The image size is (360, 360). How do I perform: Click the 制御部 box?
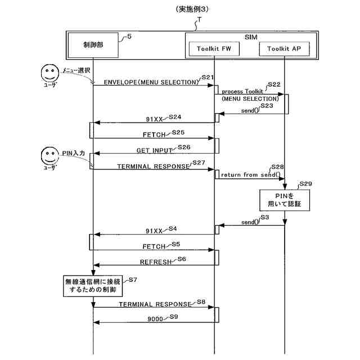[x=93, y=46]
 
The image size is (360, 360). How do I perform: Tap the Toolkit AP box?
[x=285, y=49]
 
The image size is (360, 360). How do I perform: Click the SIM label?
[x=251, y=36]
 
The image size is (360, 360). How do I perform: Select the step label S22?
[x=274, y=84]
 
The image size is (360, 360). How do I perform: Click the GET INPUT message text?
[x=155, y=151]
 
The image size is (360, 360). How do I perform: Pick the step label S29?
[x=306, y=183]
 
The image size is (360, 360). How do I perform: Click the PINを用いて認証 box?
[x=285, y=200]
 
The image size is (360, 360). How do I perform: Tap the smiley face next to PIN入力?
[x=50, y=156]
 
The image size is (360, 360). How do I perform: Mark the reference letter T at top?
[x=199, y=20]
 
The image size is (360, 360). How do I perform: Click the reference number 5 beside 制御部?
[x=130, y=37]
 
